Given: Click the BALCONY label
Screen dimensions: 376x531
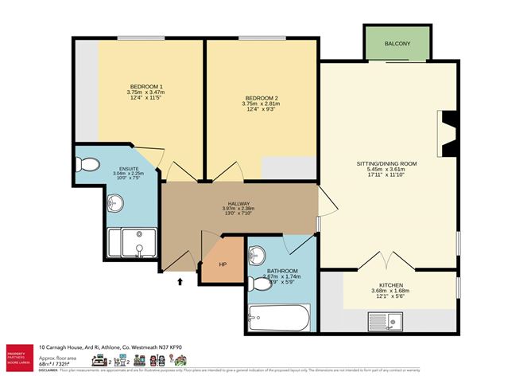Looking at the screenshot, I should (397, 44).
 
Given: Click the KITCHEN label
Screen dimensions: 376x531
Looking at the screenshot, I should (390, 284).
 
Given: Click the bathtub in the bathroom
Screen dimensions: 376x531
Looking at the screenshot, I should (278, 319).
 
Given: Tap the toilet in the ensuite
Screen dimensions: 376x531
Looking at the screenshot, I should (89, 165).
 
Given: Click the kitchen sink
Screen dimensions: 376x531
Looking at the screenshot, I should (387, 321).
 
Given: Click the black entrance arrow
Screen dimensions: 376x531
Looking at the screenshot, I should (180, 280).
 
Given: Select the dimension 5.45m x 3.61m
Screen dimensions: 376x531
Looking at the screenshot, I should (386, 170).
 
